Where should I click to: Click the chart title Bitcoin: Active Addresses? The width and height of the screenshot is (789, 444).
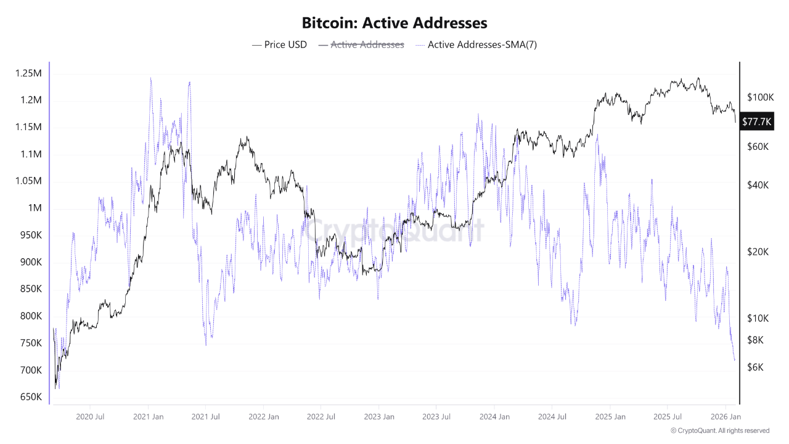tap(394, 23)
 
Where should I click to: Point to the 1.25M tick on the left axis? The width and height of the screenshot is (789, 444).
tap(28, 73)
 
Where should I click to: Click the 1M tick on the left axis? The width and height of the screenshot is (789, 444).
tap(34, 208)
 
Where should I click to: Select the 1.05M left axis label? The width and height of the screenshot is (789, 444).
tap(28, 181)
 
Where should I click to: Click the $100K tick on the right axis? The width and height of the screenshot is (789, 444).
tap(759, 97)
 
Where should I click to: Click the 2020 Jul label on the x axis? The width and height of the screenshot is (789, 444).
tap(90, 416)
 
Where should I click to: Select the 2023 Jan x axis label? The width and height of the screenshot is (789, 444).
tap(379, 416)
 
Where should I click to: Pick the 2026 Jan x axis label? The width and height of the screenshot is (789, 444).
tap(726, 416)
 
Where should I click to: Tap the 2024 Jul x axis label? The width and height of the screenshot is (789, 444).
tap(552, 416)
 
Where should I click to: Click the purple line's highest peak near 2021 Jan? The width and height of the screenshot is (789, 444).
tap(150, 78)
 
